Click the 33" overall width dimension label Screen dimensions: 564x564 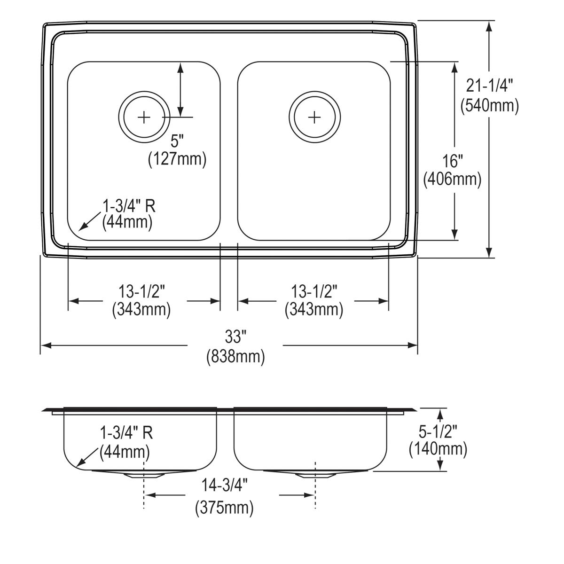point(235,337)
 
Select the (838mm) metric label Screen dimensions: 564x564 point(235,357)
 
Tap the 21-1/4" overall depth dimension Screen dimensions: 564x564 point(489,86)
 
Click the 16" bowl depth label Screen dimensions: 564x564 point(452,161)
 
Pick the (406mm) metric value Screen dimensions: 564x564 point(452,180)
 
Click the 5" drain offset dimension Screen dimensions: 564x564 point(177,140)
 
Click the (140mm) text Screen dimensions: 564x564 point(438,449)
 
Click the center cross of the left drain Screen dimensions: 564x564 point(144,117)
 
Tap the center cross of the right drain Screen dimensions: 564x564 point(314,116)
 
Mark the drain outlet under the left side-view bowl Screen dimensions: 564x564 point(144,474)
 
